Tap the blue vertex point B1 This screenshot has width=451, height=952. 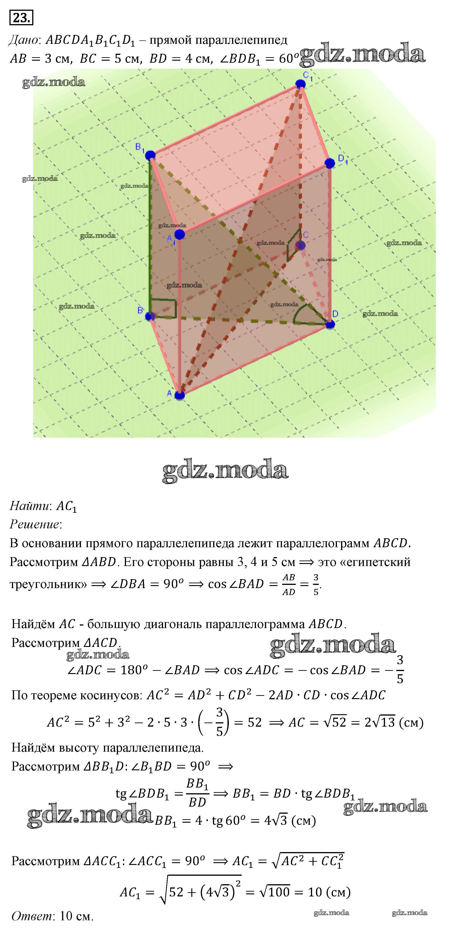coord(150,155)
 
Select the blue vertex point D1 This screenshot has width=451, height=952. coord(330,163)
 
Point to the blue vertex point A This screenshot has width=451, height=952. coord(179,395)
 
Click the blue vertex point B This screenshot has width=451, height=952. coord(150,316)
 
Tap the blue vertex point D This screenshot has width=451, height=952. coord(330,324)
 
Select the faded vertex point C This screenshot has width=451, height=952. coord(300,245)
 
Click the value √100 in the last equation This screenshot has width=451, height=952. coord(275,892)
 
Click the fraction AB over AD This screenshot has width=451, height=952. coord(289,584)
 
